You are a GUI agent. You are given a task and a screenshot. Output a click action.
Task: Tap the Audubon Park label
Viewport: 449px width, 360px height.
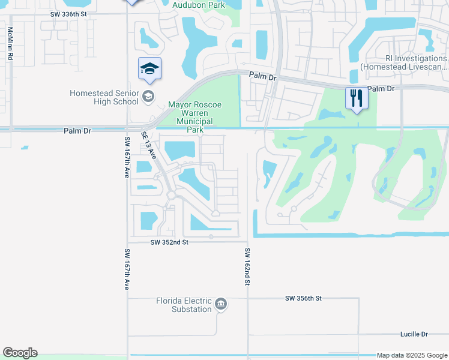(x=198, y=5)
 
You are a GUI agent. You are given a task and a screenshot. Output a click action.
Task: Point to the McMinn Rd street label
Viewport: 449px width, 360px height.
(x=10, y=43)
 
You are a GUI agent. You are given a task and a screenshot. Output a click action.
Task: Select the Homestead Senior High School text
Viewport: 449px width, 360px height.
(x=104, y=97)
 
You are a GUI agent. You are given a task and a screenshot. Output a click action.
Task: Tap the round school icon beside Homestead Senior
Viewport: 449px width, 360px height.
(x=148, y=96)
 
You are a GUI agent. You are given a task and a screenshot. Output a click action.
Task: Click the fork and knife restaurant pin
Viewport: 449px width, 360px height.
(x=357, y=98)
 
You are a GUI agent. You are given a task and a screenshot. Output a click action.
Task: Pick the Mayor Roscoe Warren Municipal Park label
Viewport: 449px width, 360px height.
(x=194, y=117)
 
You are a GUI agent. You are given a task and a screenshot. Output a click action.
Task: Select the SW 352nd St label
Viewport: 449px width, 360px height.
(x=169, y=242)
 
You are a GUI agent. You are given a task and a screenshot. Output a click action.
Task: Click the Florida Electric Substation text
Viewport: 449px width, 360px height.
(x=184, y=305)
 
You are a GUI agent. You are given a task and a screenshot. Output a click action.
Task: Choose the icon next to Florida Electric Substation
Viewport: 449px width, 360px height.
(x=221, y=305)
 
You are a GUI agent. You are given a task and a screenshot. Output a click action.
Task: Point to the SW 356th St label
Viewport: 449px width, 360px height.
(x=304, y=298)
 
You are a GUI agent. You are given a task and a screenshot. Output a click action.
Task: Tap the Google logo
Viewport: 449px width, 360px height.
(x=20, y=353)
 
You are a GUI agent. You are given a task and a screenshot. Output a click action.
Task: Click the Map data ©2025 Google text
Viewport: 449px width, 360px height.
(x=412, y=355)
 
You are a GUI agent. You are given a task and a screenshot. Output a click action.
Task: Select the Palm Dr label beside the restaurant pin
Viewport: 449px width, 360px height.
(x=381, y=89)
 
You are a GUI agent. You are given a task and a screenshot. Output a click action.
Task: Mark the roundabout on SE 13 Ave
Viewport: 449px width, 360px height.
(x=171, y=196)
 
